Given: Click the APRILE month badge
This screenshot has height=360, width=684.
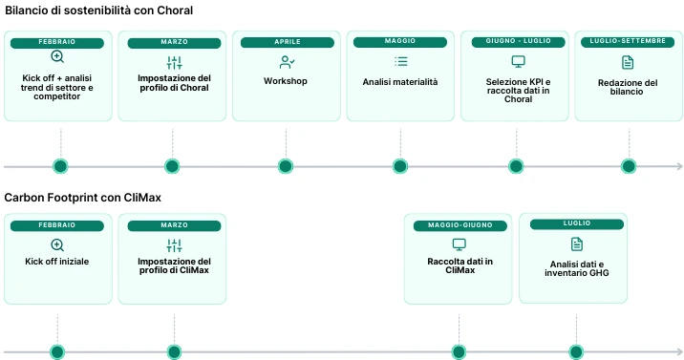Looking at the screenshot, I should click(x=286, y=42).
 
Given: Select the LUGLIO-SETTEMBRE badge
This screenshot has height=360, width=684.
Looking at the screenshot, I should click(x=628, y=42).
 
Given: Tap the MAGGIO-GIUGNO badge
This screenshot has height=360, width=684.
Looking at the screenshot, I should click(x=460, y=224).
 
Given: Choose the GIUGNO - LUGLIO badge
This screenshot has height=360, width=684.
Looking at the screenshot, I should click(x=517, y=42).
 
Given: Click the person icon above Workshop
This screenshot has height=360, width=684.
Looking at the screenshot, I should click(x=286, y=62).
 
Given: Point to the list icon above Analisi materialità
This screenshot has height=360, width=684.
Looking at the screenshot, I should click(x=400, y=62).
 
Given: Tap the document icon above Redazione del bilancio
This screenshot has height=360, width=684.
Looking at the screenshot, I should click(x=628, y=62).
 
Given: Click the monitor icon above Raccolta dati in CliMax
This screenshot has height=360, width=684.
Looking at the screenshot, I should click(x=460, y=244).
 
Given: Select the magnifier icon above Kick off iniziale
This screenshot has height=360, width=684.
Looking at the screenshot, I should click(x=57, y=245).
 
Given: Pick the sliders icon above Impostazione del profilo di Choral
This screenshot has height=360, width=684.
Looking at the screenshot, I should click(x=174, y=62).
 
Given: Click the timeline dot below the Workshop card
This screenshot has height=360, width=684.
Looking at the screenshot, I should click(x=286, y=166).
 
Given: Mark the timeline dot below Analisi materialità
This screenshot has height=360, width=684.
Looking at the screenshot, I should click(x=400, y=166).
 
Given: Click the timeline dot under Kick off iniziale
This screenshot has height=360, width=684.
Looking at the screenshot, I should click(x=57, y=352).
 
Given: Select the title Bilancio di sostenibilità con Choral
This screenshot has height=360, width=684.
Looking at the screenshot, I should click(x=98, y=11).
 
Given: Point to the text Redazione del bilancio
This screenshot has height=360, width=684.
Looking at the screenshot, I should click(x=628, y=88).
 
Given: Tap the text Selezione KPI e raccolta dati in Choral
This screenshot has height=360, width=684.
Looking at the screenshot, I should click(x=517, y=91).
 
